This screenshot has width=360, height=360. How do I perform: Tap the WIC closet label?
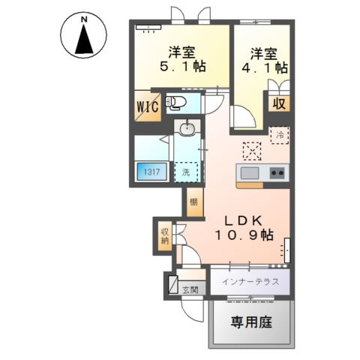(x=147, y=106)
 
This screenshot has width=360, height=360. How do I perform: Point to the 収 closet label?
(x=278, y=103)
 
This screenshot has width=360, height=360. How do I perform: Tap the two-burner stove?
(x=277, y=173)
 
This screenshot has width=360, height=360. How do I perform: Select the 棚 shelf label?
(x=193, y=202)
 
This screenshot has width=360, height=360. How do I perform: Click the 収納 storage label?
(x=164, y=237)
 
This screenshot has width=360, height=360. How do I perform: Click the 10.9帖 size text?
(x=244, y=235)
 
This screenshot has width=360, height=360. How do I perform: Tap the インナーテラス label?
(x=250, y=282)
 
